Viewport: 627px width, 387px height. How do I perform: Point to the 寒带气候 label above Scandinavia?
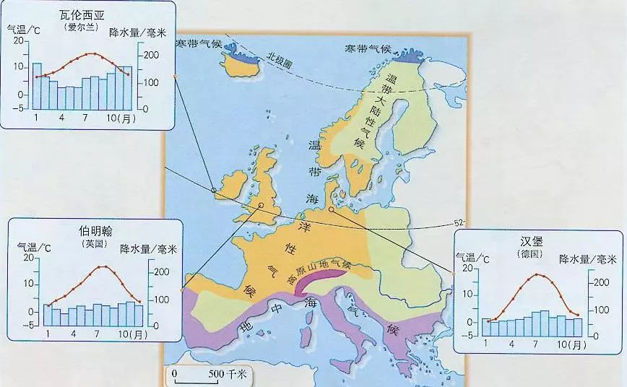(368, 49)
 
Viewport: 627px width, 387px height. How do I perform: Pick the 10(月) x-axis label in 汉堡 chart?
(568, 345)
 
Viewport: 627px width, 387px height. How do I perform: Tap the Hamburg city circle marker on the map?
(331, 210)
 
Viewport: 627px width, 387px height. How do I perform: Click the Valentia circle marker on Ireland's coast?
(214, 190)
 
